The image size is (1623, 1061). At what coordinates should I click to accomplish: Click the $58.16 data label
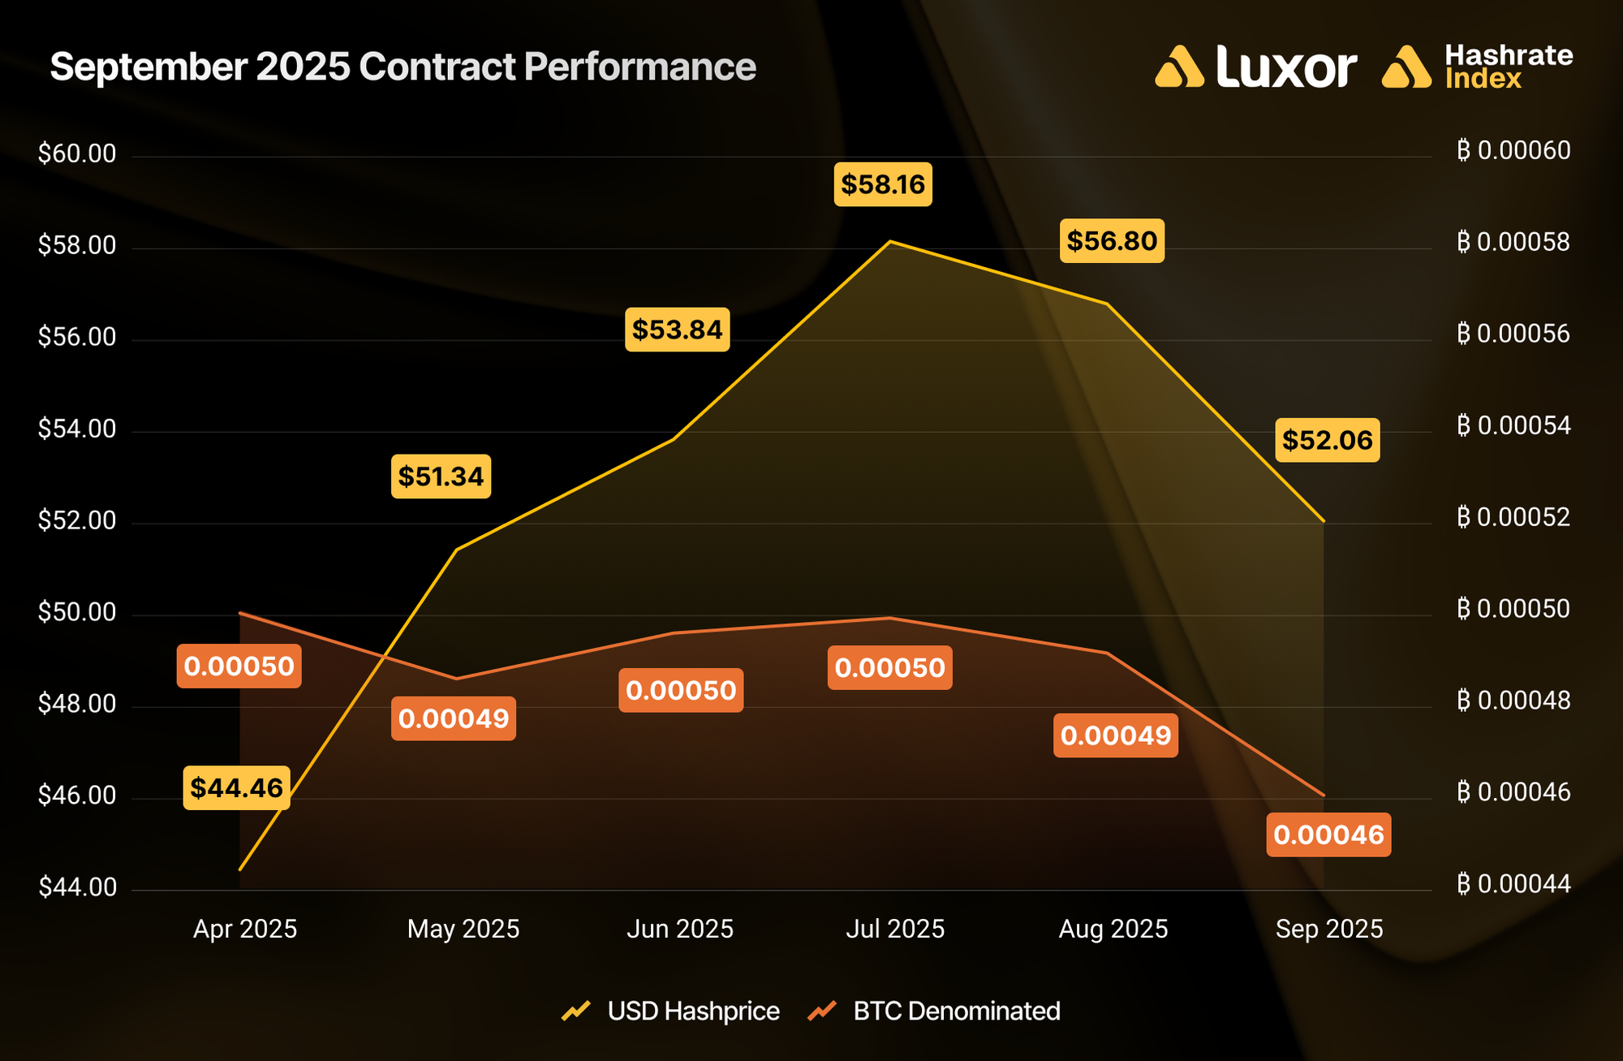pos(883,184)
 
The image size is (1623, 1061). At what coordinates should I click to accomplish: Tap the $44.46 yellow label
pos(236,787)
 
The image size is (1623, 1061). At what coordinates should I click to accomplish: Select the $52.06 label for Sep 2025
pos(1327,440)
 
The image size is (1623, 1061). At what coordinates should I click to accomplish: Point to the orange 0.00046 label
pos(1328,835)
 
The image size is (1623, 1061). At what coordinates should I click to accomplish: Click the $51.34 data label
pos(441,476)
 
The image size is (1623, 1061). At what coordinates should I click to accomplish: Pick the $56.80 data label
pos(1112,240)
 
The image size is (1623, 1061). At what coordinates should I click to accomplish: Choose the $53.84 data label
pos(677,330)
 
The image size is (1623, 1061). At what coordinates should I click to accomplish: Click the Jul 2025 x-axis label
pos(895,929)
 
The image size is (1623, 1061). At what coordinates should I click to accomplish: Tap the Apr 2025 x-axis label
pos(245,929)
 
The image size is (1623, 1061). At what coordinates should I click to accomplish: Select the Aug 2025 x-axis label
pos(1113,929)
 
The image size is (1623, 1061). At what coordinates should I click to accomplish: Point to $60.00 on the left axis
pos(77,153)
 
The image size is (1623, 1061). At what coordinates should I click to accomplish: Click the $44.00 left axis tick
pos(77,887)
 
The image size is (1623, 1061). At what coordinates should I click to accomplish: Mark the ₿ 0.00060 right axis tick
pos(1513,150)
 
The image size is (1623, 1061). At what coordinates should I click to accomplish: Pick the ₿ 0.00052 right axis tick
pos(1513,517)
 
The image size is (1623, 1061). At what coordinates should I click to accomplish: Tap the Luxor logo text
pos(1286,67)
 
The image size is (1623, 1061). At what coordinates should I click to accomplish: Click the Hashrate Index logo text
pos(1508,67)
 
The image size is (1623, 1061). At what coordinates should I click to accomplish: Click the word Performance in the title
pos(640,67)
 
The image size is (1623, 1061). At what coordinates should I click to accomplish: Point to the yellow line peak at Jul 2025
pos(890,242)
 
